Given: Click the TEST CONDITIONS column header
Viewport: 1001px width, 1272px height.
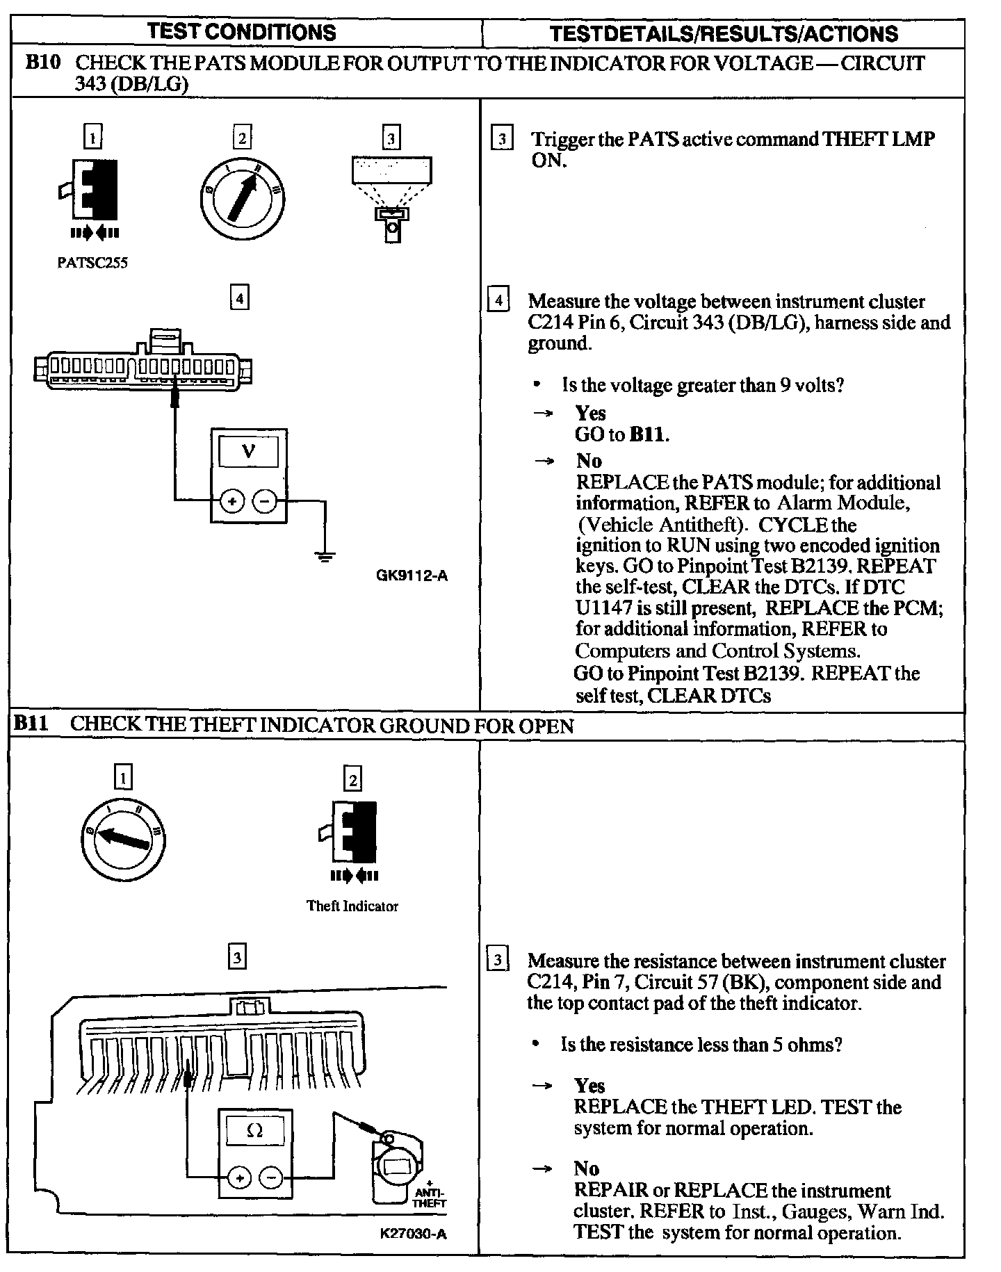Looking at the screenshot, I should pyautogui.click(x=242, y=32).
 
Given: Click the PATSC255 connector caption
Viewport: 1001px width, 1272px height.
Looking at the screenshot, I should pyautogui.click(x=92, y=263).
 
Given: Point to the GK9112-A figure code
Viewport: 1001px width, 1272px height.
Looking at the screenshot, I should pyautogui.click(x=412, y=576).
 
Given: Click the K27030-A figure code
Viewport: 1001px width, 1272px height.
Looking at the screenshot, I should pyautogui.click(x=414, y=1234).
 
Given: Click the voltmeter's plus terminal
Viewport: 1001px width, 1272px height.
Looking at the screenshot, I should pyautogui.click(x=232, y=500).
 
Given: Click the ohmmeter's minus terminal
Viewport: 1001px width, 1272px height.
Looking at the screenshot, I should pyautogui.click(x=271, y=1177).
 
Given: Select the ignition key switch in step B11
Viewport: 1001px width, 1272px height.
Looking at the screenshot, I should pyautogui.click(x=123, y=838).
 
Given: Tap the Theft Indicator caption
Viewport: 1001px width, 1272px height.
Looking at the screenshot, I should pyautogui.click(x=352, y=906).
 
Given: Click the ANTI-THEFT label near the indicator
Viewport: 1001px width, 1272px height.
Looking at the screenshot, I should pyautogui.click(x=430, y=1197).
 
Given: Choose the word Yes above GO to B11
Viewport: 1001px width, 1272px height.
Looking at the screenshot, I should pyautogui.click(x=590, y=414).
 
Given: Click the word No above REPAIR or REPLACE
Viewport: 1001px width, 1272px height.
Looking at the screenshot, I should pyautogui.click(x=587, y=1168).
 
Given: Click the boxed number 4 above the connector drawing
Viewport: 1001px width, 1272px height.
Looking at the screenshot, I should pyautogui.click(x=239, y=299).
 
